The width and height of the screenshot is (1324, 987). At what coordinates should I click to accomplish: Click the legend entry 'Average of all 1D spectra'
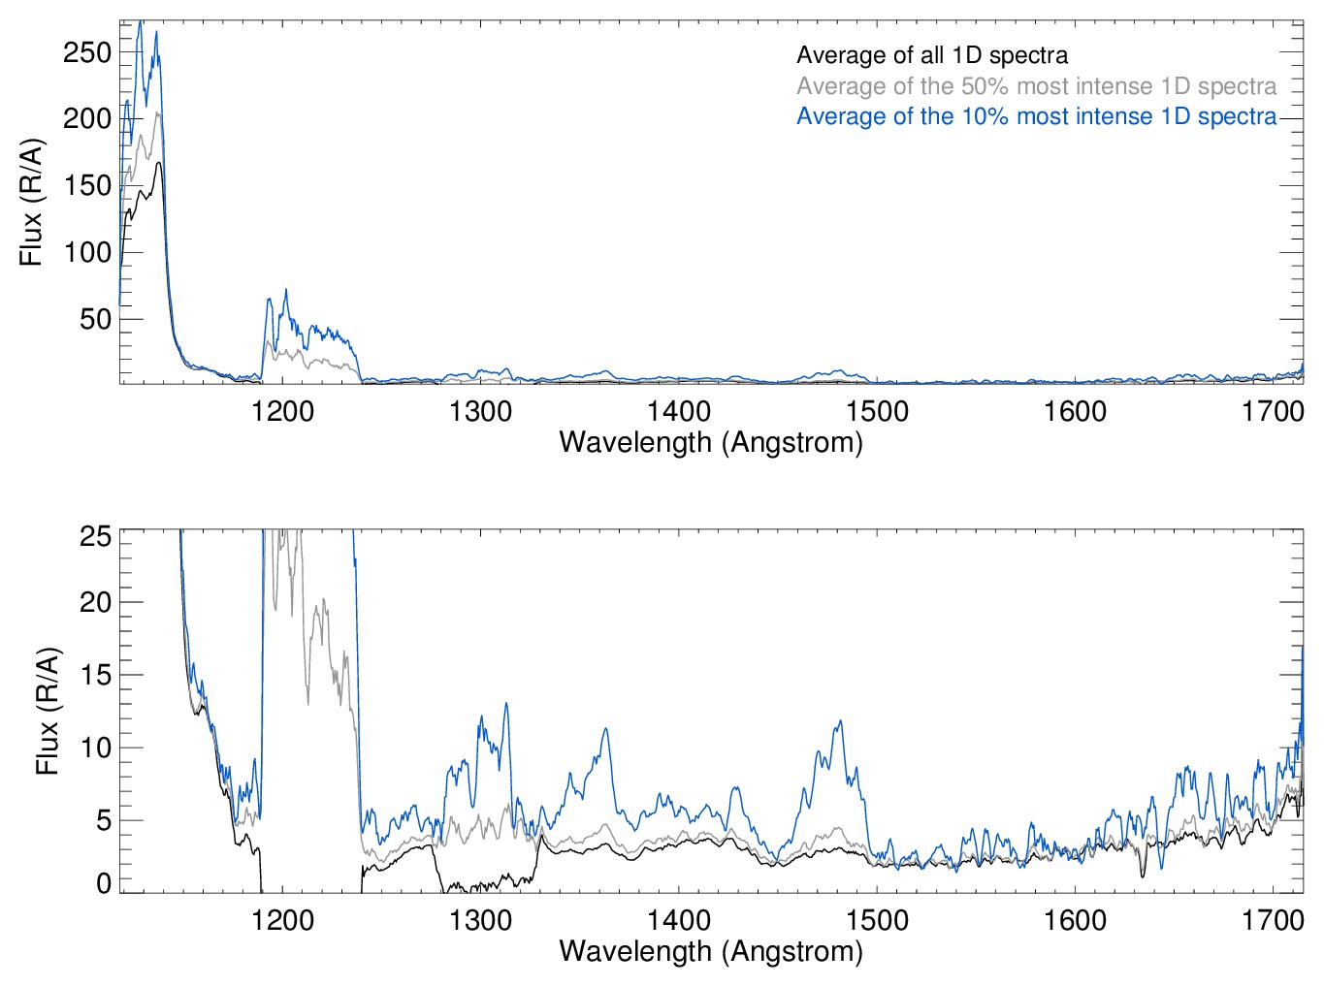[931, 55]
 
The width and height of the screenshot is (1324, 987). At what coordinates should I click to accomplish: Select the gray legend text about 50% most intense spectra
[1036, 86]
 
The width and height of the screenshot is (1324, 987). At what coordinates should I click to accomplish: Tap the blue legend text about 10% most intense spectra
[1036, 116]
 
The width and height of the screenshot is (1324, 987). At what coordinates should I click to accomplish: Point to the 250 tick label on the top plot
[87, 52]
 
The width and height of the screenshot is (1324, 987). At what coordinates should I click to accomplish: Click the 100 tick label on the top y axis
[87, 252]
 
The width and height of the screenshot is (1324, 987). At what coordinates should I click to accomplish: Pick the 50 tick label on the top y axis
[96, 319]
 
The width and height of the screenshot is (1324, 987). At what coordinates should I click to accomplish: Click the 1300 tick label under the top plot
[480, 411]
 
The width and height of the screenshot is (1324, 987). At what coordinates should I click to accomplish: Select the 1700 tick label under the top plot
[1273, 411]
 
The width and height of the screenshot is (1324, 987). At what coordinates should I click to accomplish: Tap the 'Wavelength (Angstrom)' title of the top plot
[711, 442]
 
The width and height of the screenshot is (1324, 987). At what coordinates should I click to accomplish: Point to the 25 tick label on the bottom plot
[96, 536]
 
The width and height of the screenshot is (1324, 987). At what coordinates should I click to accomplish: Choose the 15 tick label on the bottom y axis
[96, 675]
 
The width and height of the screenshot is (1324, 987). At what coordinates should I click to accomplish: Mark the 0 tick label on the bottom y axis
[104, 882]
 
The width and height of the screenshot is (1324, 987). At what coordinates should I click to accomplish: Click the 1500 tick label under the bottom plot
[877, 919]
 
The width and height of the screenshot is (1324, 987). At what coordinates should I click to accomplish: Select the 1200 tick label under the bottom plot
[282, 919]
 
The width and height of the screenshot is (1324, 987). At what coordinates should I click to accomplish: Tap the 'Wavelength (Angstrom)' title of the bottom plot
[711, 950]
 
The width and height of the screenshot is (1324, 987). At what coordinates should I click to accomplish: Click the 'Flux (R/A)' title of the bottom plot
[47, 711]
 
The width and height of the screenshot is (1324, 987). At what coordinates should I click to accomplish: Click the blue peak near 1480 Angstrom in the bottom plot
[840, 721]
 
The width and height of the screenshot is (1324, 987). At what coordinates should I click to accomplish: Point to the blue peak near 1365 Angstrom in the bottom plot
[606, 729]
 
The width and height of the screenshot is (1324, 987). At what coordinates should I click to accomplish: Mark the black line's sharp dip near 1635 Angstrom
[1143, 876]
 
